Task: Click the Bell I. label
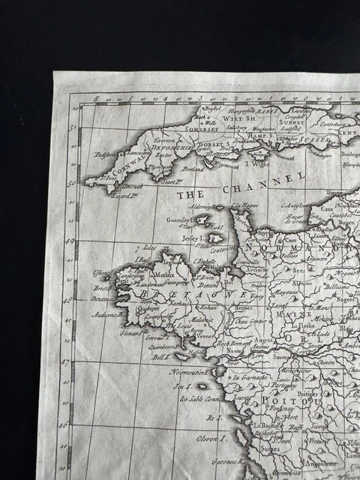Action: (160, 358)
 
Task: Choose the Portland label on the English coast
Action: (193, 169)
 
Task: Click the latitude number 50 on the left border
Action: (72, 182)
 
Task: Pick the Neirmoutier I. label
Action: (187, 371)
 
